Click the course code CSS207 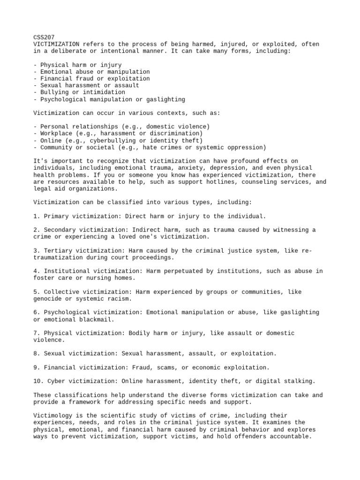(x=44, y=37)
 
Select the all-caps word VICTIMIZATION (x=55, y=44)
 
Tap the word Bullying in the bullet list (x=54, y=92)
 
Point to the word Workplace (x=56, y=134)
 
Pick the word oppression (x=247, y=147)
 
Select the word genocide (x=49, y=299)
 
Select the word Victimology (x=52, y=416)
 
